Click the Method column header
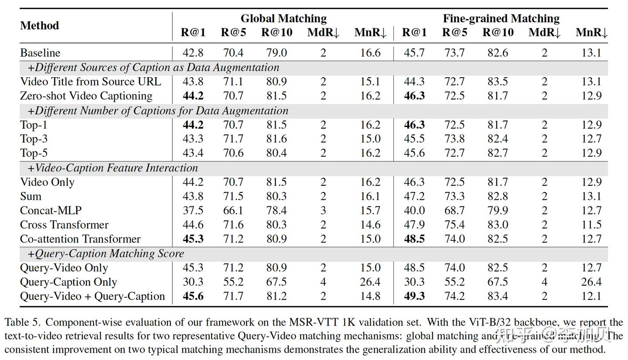point(39,25)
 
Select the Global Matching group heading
point(283,18)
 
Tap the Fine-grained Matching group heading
point(501,18)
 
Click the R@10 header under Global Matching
point(277,32)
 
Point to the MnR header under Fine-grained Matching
point(591,32)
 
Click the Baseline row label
point(40,53)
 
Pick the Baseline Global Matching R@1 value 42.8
point(193,53)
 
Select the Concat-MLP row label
point(51,210)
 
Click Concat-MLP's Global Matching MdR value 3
point(323,210)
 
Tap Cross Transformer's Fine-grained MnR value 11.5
point(591,225)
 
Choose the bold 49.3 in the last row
point(414,296)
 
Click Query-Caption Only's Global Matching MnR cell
point(370,282)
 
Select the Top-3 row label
point(34,139)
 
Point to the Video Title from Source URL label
point(90,82)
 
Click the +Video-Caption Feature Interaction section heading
point(113,168)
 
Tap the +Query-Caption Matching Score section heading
point(106,254)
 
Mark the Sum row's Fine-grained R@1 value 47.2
point(414,196)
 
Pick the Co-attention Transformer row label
point(80,239)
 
